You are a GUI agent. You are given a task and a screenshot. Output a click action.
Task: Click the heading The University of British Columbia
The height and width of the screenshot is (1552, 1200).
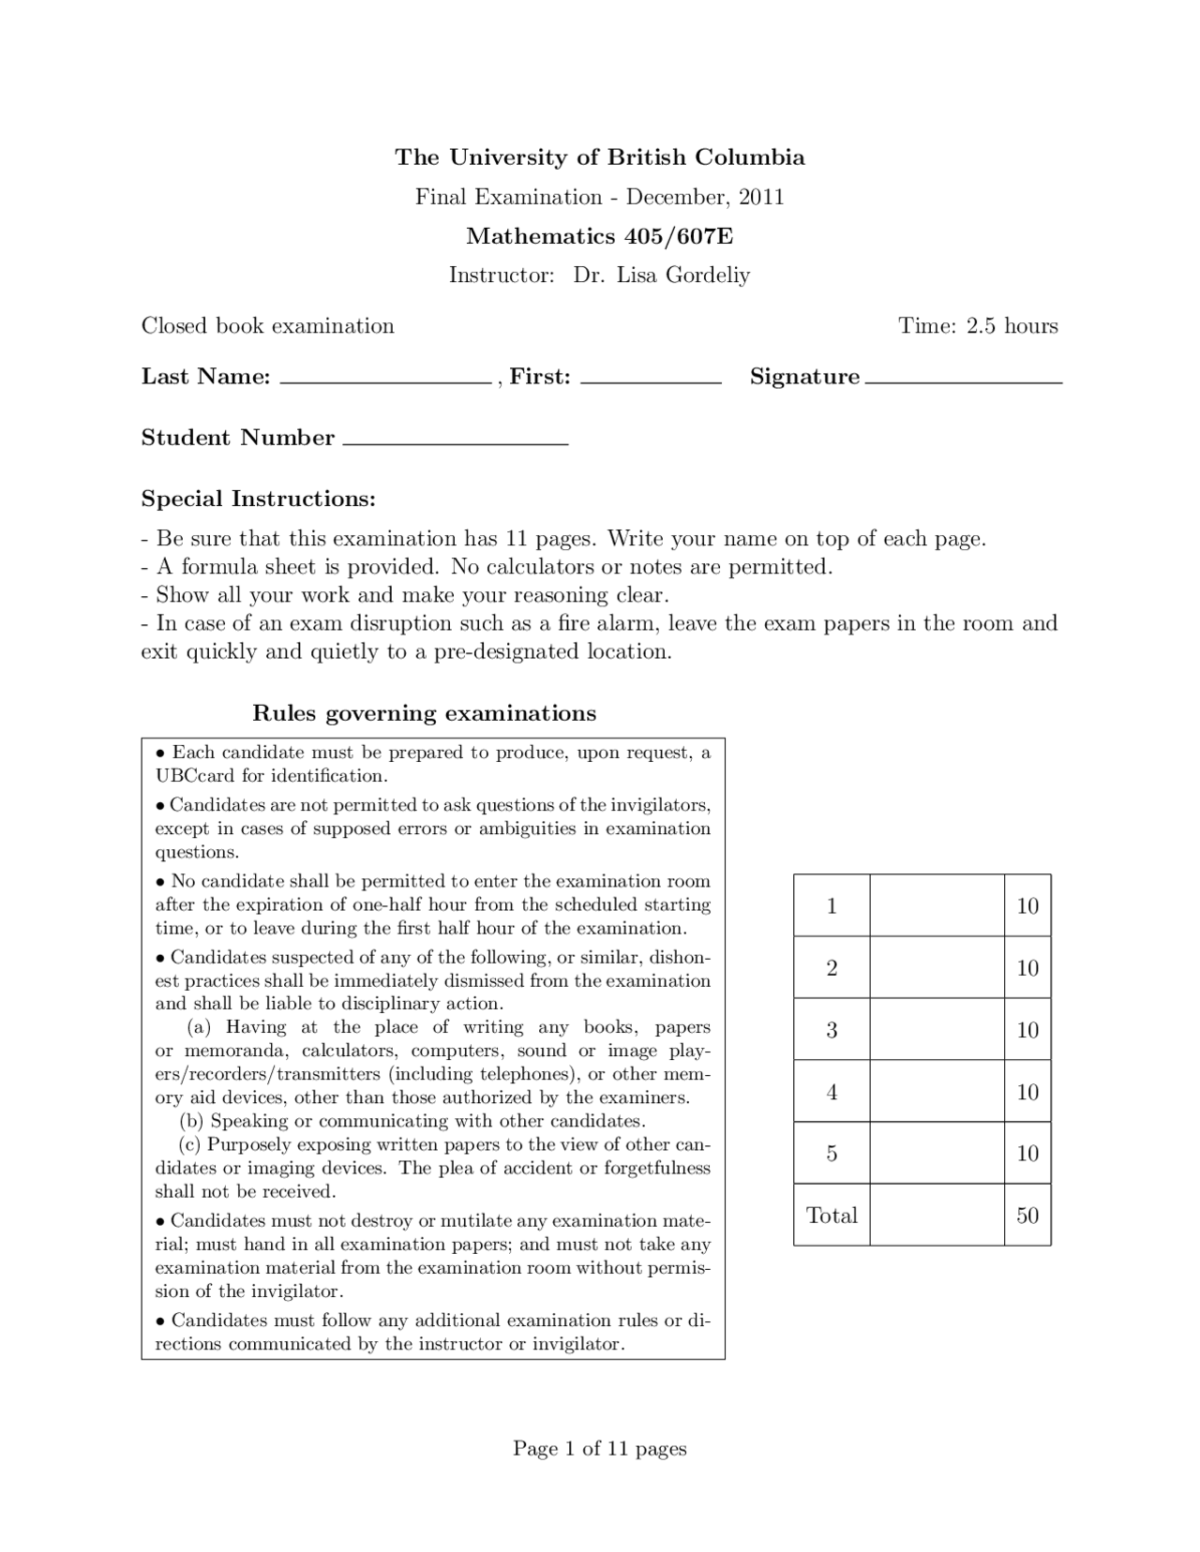pyautogui.click(x=599, y=157)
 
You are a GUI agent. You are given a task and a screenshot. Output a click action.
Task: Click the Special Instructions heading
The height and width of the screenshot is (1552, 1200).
pyautogui.click(x=258, y=499)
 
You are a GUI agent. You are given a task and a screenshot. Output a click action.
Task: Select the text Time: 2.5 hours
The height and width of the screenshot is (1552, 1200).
pyautogui.click(x=978, y=326)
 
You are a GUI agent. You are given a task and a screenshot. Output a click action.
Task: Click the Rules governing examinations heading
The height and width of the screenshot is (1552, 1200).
pyautogui.click(x=424, y=713)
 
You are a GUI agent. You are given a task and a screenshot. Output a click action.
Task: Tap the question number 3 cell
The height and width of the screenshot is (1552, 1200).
pyautogui.click(x=832, y=1030)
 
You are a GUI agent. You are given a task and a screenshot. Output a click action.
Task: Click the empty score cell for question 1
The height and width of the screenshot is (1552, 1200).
pyautogui.click(x=937, y=905)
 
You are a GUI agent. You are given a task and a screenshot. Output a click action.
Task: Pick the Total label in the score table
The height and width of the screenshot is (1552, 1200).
pyautogui.click(x=832, y=1216)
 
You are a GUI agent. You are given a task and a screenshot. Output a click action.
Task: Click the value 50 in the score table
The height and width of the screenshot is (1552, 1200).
pyautogui.click(x=1027, y=1216)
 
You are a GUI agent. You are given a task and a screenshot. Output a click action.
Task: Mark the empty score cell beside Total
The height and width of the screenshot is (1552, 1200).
pyautogui.click(x=937, y=1216)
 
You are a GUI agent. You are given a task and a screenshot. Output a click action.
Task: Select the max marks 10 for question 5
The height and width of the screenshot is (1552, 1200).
pyautogui.click(x=1027, y=1154)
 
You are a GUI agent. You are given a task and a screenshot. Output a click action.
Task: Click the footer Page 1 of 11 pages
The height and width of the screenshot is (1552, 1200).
pyautogui.click(x=599, y=1449)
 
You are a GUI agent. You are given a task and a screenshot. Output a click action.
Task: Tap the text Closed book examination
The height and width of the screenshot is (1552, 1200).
pyautogui.click(x=267, y=326)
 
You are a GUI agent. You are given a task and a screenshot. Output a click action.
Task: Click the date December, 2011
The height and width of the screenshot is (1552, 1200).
pyautogui.click(x=705, y=197)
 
